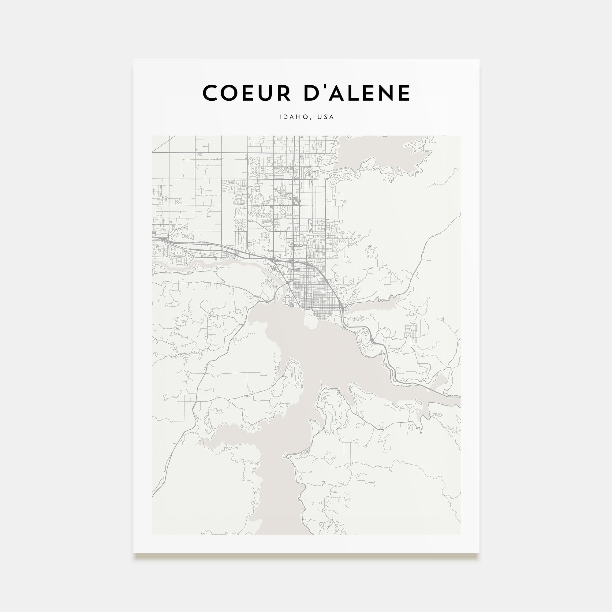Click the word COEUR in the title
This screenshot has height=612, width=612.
pyautogui.click(x=246, y=93)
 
